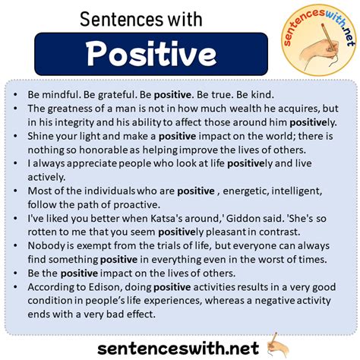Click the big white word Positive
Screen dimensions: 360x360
coord(151,54)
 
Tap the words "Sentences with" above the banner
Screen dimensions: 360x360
coord(141,20)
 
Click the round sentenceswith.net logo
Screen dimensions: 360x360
coord(318,39)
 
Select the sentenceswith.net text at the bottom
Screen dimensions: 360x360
coord(178,349)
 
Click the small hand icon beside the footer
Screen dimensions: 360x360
coord(278,345)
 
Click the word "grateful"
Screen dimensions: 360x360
coord(115,95)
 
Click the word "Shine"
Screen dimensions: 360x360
coord(40,136)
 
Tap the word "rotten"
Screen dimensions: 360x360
coord(41,232)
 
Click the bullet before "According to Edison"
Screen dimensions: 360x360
coord(15,287)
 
